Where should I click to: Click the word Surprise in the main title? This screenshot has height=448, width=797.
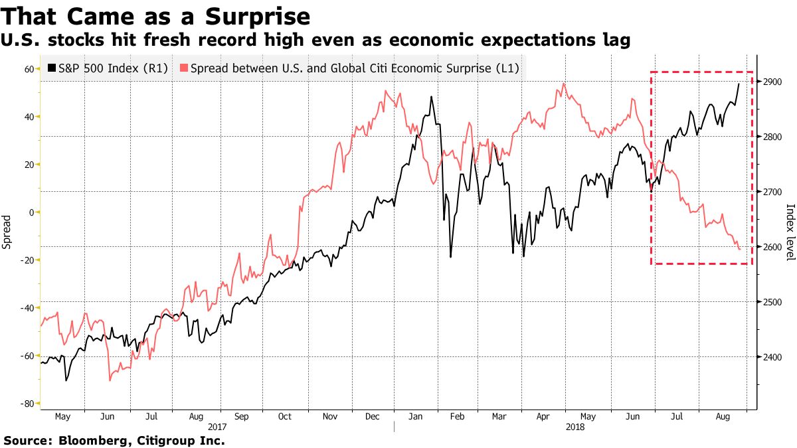(258, 15)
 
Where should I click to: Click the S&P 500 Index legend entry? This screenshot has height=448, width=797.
(113, 68)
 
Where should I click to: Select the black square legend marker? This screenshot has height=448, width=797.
(51, 68)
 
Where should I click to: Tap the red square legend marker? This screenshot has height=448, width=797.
(184, 68)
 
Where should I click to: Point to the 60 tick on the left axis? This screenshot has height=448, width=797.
(29, 69)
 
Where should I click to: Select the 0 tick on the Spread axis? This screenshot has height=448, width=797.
(31, 212)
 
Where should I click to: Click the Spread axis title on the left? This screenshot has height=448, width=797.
(7, 232)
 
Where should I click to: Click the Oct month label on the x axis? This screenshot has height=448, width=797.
(284, 417)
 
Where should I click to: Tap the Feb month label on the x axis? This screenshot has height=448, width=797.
(457, 417)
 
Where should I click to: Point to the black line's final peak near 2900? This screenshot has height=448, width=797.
(739, 84)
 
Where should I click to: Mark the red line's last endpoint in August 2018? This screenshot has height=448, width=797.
(740, 249)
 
